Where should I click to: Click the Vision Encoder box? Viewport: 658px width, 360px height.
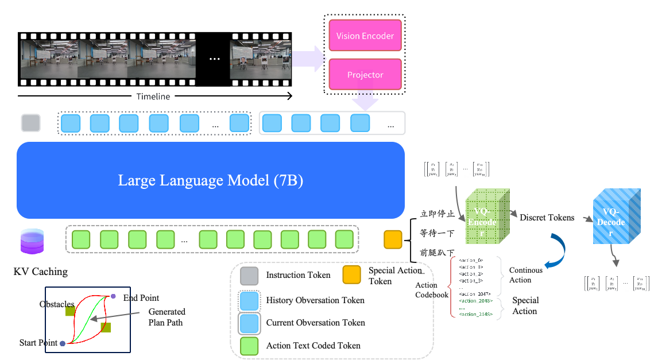365,36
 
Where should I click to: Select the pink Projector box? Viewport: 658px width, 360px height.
365,75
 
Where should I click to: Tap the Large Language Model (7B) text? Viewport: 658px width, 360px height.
210,180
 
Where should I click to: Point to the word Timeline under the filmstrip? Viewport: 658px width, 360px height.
153,96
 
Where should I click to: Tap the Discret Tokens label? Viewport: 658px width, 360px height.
547,218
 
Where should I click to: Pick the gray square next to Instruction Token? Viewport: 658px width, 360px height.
249,276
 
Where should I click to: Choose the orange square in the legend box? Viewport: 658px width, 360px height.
351,275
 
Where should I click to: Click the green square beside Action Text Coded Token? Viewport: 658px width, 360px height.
249,346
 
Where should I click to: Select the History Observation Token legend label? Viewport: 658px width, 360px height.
315,300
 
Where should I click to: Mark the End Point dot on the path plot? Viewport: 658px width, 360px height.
113,296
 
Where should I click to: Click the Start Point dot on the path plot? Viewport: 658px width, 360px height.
62,343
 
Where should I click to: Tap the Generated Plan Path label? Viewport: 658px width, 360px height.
167,317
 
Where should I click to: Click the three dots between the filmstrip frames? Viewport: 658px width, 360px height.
214,59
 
